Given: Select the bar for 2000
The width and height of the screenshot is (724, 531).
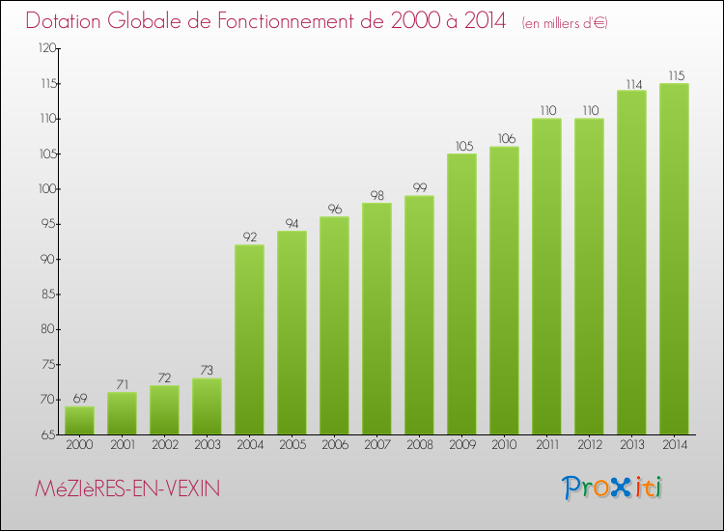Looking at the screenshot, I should pos(79,420).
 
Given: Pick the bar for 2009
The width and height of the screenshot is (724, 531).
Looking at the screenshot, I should pos(461,293).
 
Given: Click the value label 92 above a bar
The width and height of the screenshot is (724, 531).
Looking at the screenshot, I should pos(249,236).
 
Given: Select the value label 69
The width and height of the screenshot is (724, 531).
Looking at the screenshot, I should pos(79,398).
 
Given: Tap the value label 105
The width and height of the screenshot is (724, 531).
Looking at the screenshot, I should pos(461,146).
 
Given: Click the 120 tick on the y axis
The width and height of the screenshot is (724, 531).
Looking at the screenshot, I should pos(45,48).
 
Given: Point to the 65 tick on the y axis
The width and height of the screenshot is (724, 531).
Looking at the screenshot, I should pos(48,434).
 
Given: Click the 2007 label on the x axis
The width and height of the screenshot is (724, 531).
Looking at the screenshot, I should pos(376,445).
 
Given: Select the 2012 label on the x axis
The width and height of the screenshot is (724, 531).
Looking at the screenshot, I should pos(589,445).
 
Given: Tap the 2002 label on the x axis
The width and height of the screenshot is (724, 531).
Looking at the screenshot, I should pos(164,445).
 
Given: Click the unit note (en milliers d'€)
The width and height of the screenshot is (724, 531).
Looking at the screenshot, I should pos(565,22).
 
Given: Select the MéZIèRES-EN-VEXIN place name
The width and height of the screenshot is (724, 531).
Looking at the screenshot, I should pos(125,489).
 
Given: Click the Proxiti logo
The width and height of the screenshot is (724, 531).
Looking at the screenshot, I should pos(613,488).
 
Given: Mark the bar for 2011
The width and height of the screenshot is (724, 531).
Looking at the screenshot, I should pos(546,276).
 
